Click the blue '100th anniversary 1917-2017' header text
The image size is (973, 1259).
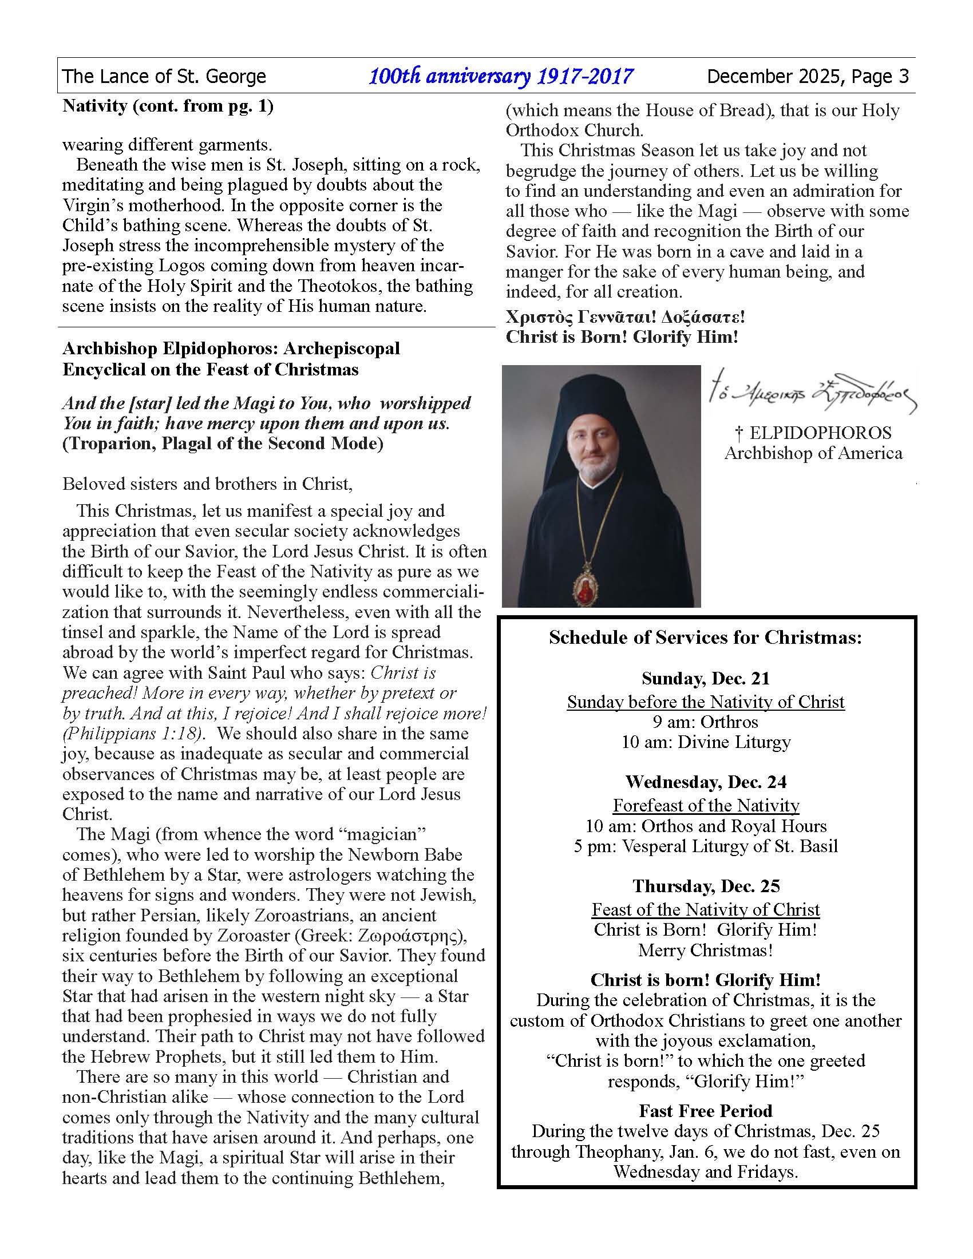point(500,76)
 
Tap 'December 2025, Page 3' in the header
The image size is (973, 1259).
point(808,76)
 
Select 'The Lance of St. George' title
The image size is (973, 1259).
point(164,76)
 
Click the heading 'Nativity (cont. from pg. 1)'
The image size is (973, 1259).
point(168,106)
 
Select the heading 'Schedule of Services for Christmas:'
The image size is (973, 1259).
point(705,638)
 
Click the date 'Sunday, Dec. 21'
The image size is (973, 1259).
point(706,678)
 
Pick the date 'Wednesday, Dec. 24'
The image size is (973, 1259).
point(706,782)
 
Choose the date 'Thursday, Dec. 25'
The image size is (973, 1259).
point(706,885)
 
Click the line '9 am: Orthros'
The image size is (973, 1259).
point(706,722)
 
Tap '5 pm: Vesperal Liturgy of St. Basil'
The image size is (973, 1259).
point(706,846)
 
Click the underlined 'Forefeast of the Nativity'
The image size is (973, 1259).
point(706,805)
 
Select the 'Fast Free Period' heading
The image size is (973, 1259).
point(706,1110)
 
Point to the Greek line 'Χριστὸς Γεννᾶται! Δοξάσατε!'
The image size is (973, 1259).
point(626,317)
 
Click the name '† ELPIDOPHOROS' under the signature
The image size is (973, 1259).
point(813,433)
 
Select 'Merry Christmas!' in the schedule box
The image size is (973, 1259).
point(706,950)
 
